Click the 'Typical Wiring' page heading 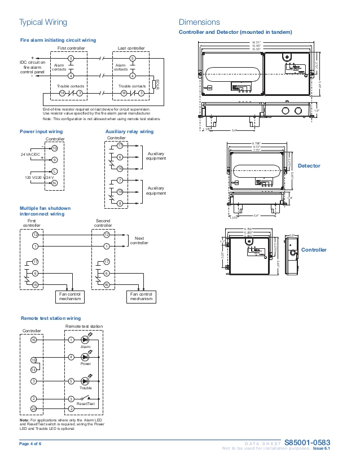point(43,23)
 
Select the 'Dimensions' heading point(199,23)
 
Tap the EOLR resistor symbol point(154,85)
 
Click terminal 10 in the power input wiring point(54,148)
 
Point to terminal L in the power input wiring point(54,171)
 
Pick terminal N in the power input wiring point(54,183)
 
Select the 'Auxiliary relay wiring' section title point(129,131)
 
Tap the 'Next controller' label point(139,240)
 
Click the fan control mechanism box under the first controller point(71,297)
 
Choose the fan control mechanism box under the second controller point(141,297)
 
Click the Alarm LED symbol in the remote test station point(86,340)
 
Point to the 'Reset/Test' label point(86,405)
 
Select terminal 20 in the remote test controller point(34,408)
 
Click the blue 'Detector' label point(309,166)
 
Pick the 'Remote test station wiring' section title point(50,318)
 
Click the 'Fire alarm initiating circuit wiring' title point(58,40)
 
